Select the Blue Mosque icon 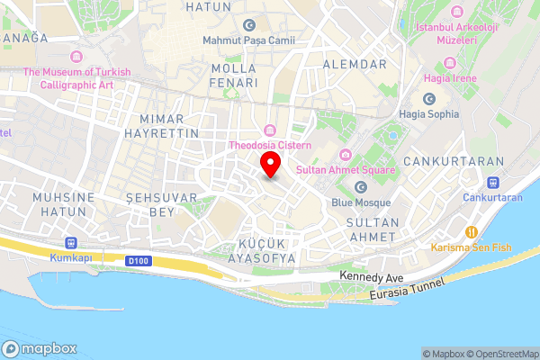(x=361, y=187)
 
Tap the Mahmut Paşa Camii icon (x=249, y=25)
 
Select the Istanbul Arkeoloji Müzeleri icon (x=457, y=12)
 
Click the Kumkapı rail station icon (x=70, y=243)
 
